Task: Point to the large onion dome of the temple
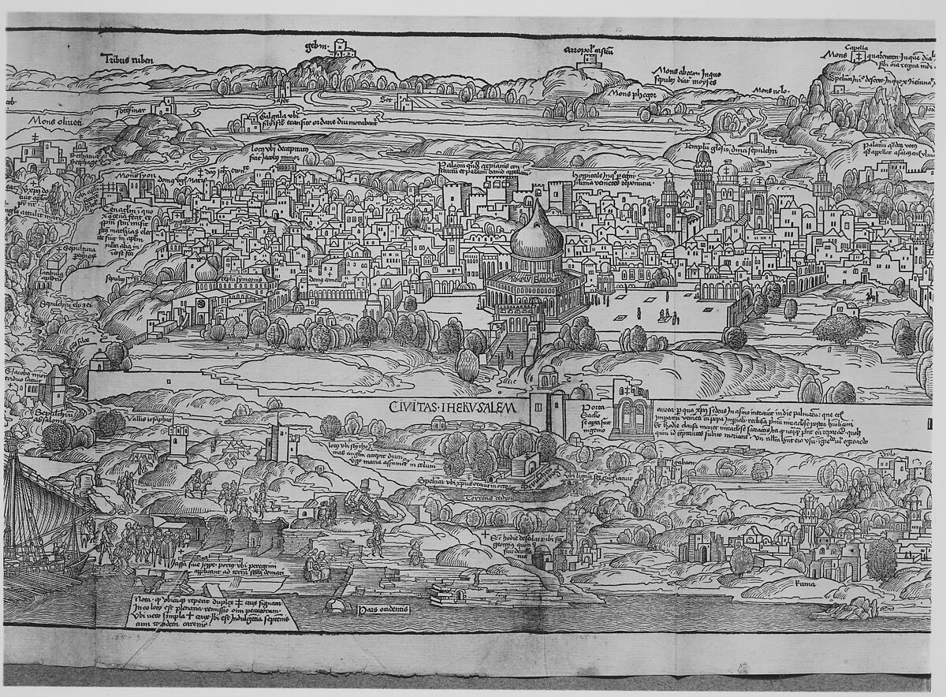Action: pos(538,235)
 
